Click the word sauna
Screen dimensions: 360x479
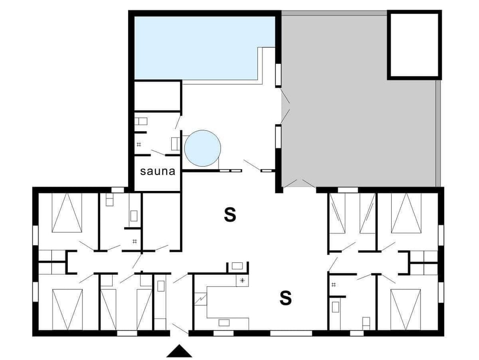click(x=158, y=172)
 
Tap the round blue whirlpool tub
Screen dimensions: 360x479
click(x=202, y=148)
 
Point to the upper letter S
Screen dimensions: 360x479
click(x=230, y=215)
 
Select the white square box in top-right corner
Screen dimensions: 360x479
click(x=414, y=45)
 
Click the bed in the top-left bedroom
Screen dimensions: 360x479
click(x=67, y=213)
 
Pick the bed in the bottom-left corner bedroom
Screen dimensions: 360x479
click(x=67, y=309)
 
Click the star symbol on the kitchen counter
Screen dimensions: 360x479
click(x=242, y=280)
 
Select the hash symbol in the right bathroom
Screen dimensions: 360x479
click(x=333, y=285)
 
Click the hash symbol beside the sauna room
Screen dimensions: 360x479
click(x=139, y=145)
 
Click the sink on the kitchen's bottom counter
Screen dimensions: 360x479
click(x=224, y=323)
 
